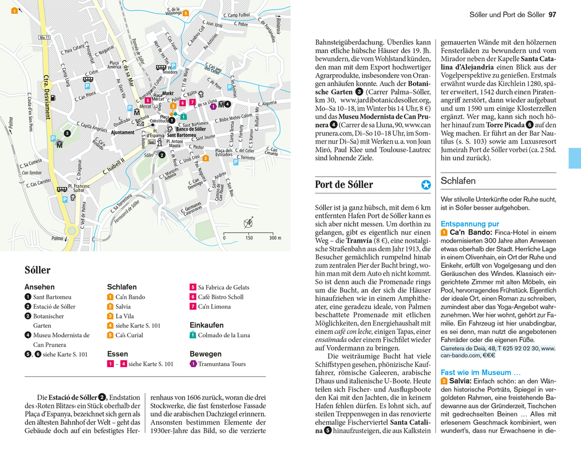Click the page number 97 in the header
coord(552,14)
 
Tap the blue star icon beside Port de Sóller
coord(425,185)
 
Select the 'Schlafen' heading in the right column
coord(458,181)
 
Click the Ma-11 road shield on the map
coord(44,38)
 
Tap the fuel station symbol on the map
coord(52,97)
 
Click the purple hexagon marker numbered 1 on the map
coord(214,105)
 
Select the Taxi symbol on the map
coord(151,142)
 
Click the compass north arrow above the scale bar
coord(248,223)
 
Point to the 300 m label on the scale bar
coord(275,238)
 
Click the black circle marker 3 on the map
coord(67,133)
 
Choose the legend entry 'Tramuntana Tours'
coord(222,364)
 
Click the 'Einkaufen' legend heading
coord(206,325)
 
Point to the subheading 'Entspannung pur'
coord(469,224)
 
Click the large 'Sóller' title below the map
coord(38,270)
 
